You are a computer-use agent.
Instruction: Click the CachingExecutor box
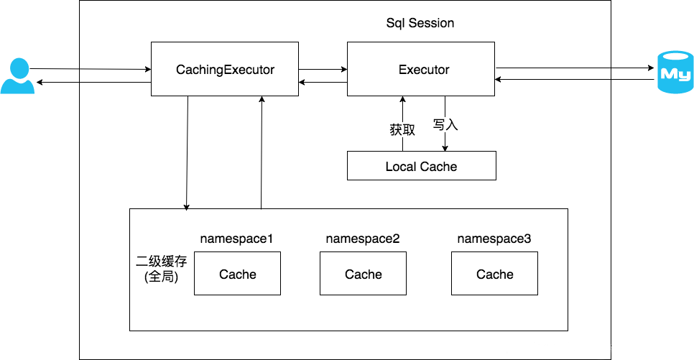225,69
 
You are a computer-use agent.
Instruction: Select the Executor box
421,69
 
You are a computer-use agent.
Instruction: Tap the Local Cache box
421,165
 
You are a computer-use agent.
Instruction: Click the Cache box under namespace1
237,273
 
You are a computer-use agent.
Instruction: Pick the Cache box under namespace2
363,273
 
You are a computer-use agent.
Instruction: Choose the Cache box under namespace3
494,273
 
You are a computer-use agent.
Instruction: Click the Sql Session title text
420,23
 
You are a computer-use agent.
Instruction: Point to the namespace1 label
236,239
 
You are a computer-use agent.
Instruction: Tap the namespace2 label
363,239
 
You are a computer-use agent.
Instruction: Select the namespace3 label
494,239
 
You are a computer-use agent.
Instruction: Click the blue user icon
18,75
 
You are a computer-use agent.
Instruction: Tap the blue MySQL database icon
675,72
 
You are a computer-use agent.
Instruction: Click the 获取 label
402,130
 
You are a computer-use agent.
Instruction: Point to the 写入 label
445,124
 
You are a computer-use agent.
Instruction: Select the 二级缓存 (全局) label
162,269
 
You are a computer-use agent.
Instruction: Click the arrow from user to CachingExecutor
91,69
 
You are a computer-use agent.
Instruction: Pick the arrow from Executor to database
575,68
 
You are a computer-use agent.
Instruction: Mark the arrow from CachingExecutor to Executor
323,69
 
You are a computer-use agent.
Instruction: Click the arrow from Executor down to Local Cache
445,124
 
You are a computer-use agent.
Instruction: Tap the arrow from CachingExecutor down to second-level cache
187,153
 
